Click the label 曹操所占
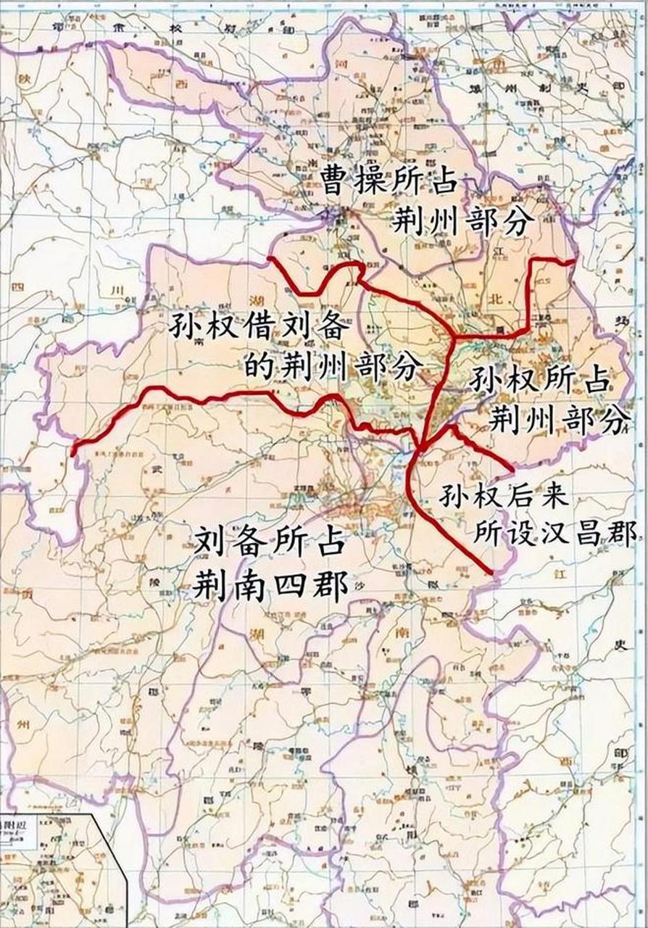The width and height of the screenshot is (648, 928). coord(389,181)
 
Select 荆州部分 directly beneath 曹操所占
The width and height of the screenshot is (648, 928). coord(458,221)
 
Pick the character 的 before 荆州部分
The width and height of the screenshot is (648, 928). coord(258,367)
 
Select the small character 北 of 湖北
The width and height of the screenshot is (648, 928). coord(494,299)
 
